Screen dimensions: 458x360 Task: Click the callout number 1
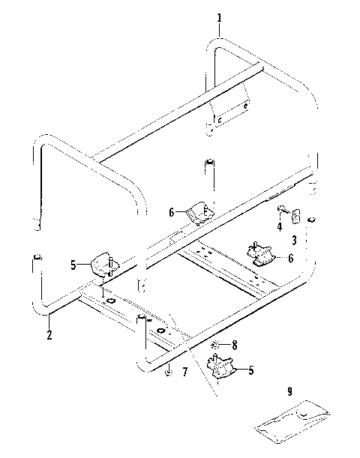(219, 18)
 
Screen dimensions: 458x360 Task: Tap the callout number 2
(49, 335)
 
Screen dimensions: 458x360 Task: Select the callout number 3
(294, 241)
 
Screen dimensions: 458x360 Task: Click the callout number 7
(184, 372)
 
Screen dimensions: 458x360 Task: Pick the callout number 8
(234, 346)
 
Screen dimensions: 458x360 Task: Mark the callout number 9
(289, 390)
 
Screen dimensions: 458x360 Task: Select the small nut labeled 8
(215, 345)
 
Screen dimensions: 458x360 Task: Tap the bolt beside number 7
(169, 371)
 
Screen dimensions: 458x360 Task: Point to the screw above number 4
(283, 210)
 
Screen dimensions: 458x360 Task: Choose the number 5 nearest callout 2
(73, 264)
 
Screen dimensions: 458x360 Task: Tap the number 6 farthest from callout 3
(172, 213)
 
